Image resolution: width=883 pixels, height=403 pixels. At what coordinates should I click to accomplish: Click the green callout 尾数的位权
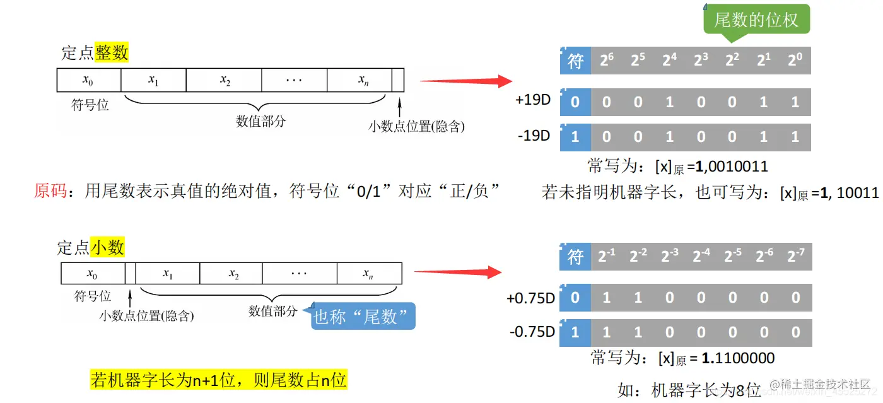756,20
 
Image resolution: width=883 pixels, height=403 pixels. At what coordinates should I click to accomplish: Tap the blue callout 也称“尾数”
365,316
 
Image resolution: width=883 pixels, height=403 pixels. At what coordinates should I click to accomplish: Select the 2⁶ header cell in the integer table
607,61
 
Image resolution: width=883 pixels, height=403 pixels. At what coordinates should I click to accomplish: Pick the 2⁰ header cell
795,61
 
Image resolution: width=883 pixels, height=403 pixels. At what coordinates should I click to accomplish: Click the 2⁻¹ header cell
607,257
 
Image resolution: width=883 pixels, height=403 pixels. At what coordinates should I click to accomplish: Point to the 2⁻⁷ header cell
795,257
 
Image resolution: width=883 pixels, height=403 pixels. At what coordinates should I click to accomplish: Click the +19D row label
534,100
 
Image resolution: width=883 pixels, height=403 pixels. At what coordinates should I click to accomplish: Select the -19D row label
534,136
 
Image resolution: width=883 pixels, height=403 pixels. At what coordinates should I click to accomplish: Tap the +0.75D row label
530,298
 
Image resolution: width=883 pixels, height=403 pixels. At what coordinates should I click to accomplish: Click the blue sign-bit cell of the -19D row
575,136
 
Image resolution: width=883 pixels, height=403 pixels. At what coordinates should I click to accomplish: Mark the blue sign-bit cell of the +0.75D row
575,298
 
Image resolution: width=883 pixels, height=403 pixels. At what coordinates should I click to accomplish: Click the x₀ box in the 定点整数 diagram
89,80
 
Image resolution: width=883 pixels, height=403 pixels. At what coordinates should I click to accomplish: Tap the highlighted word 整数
112,52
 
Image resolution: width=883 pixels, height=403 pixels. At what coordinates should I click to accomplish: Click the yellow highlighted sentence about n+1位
219,380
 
